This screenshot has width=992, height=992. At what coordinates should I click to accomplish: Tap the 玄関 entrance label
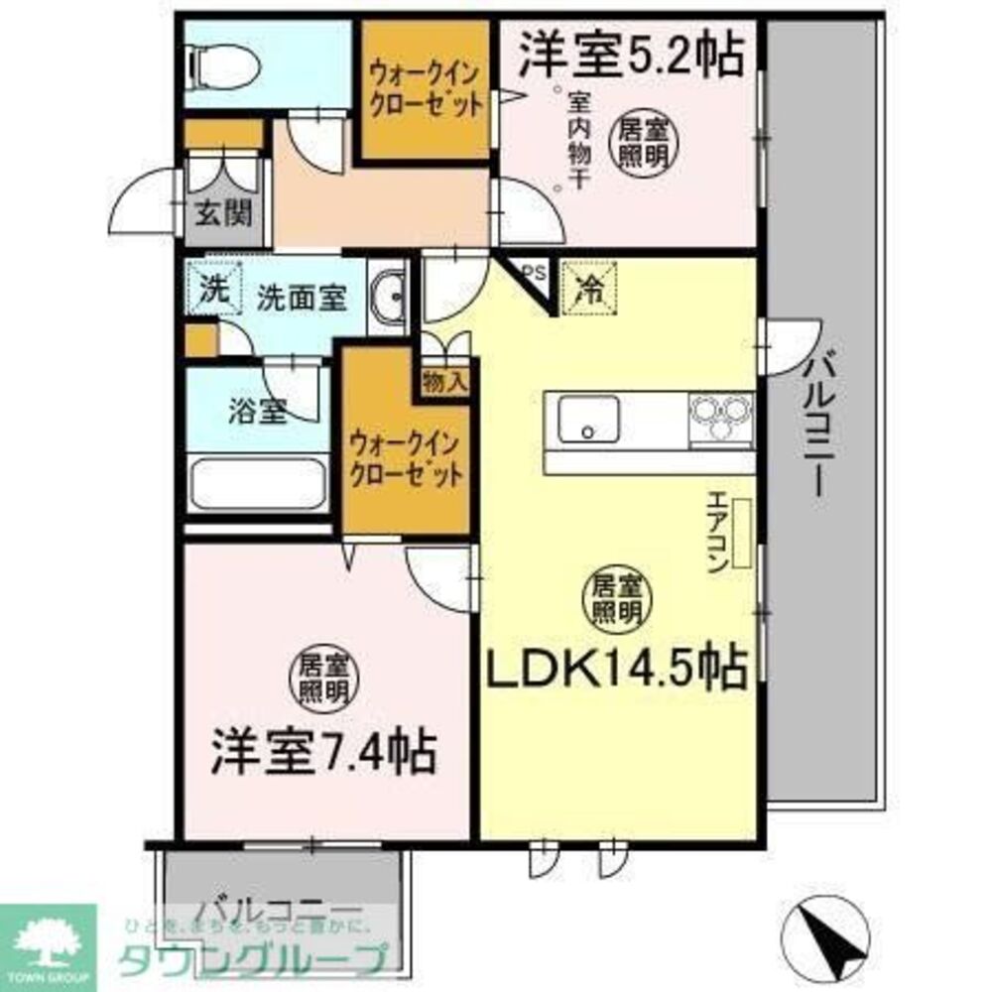point(221,212)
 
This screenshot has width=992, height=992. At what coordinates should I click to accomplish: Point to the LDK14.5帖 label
point(615,669)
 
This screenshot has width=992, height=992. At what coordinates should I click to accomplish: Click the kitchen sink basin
point(587,420)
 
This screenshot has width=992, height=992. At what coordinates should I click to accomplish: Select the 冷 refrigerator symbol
point(589,289)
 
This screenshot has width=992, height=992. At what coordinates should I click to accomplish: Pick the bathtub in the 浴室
point(258,485)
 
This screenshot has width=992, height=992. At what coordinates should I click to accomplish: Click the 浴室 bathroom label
point(258,412)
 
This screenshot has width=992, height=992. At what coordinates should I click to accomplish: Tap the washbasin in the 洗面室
point(388,297)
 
